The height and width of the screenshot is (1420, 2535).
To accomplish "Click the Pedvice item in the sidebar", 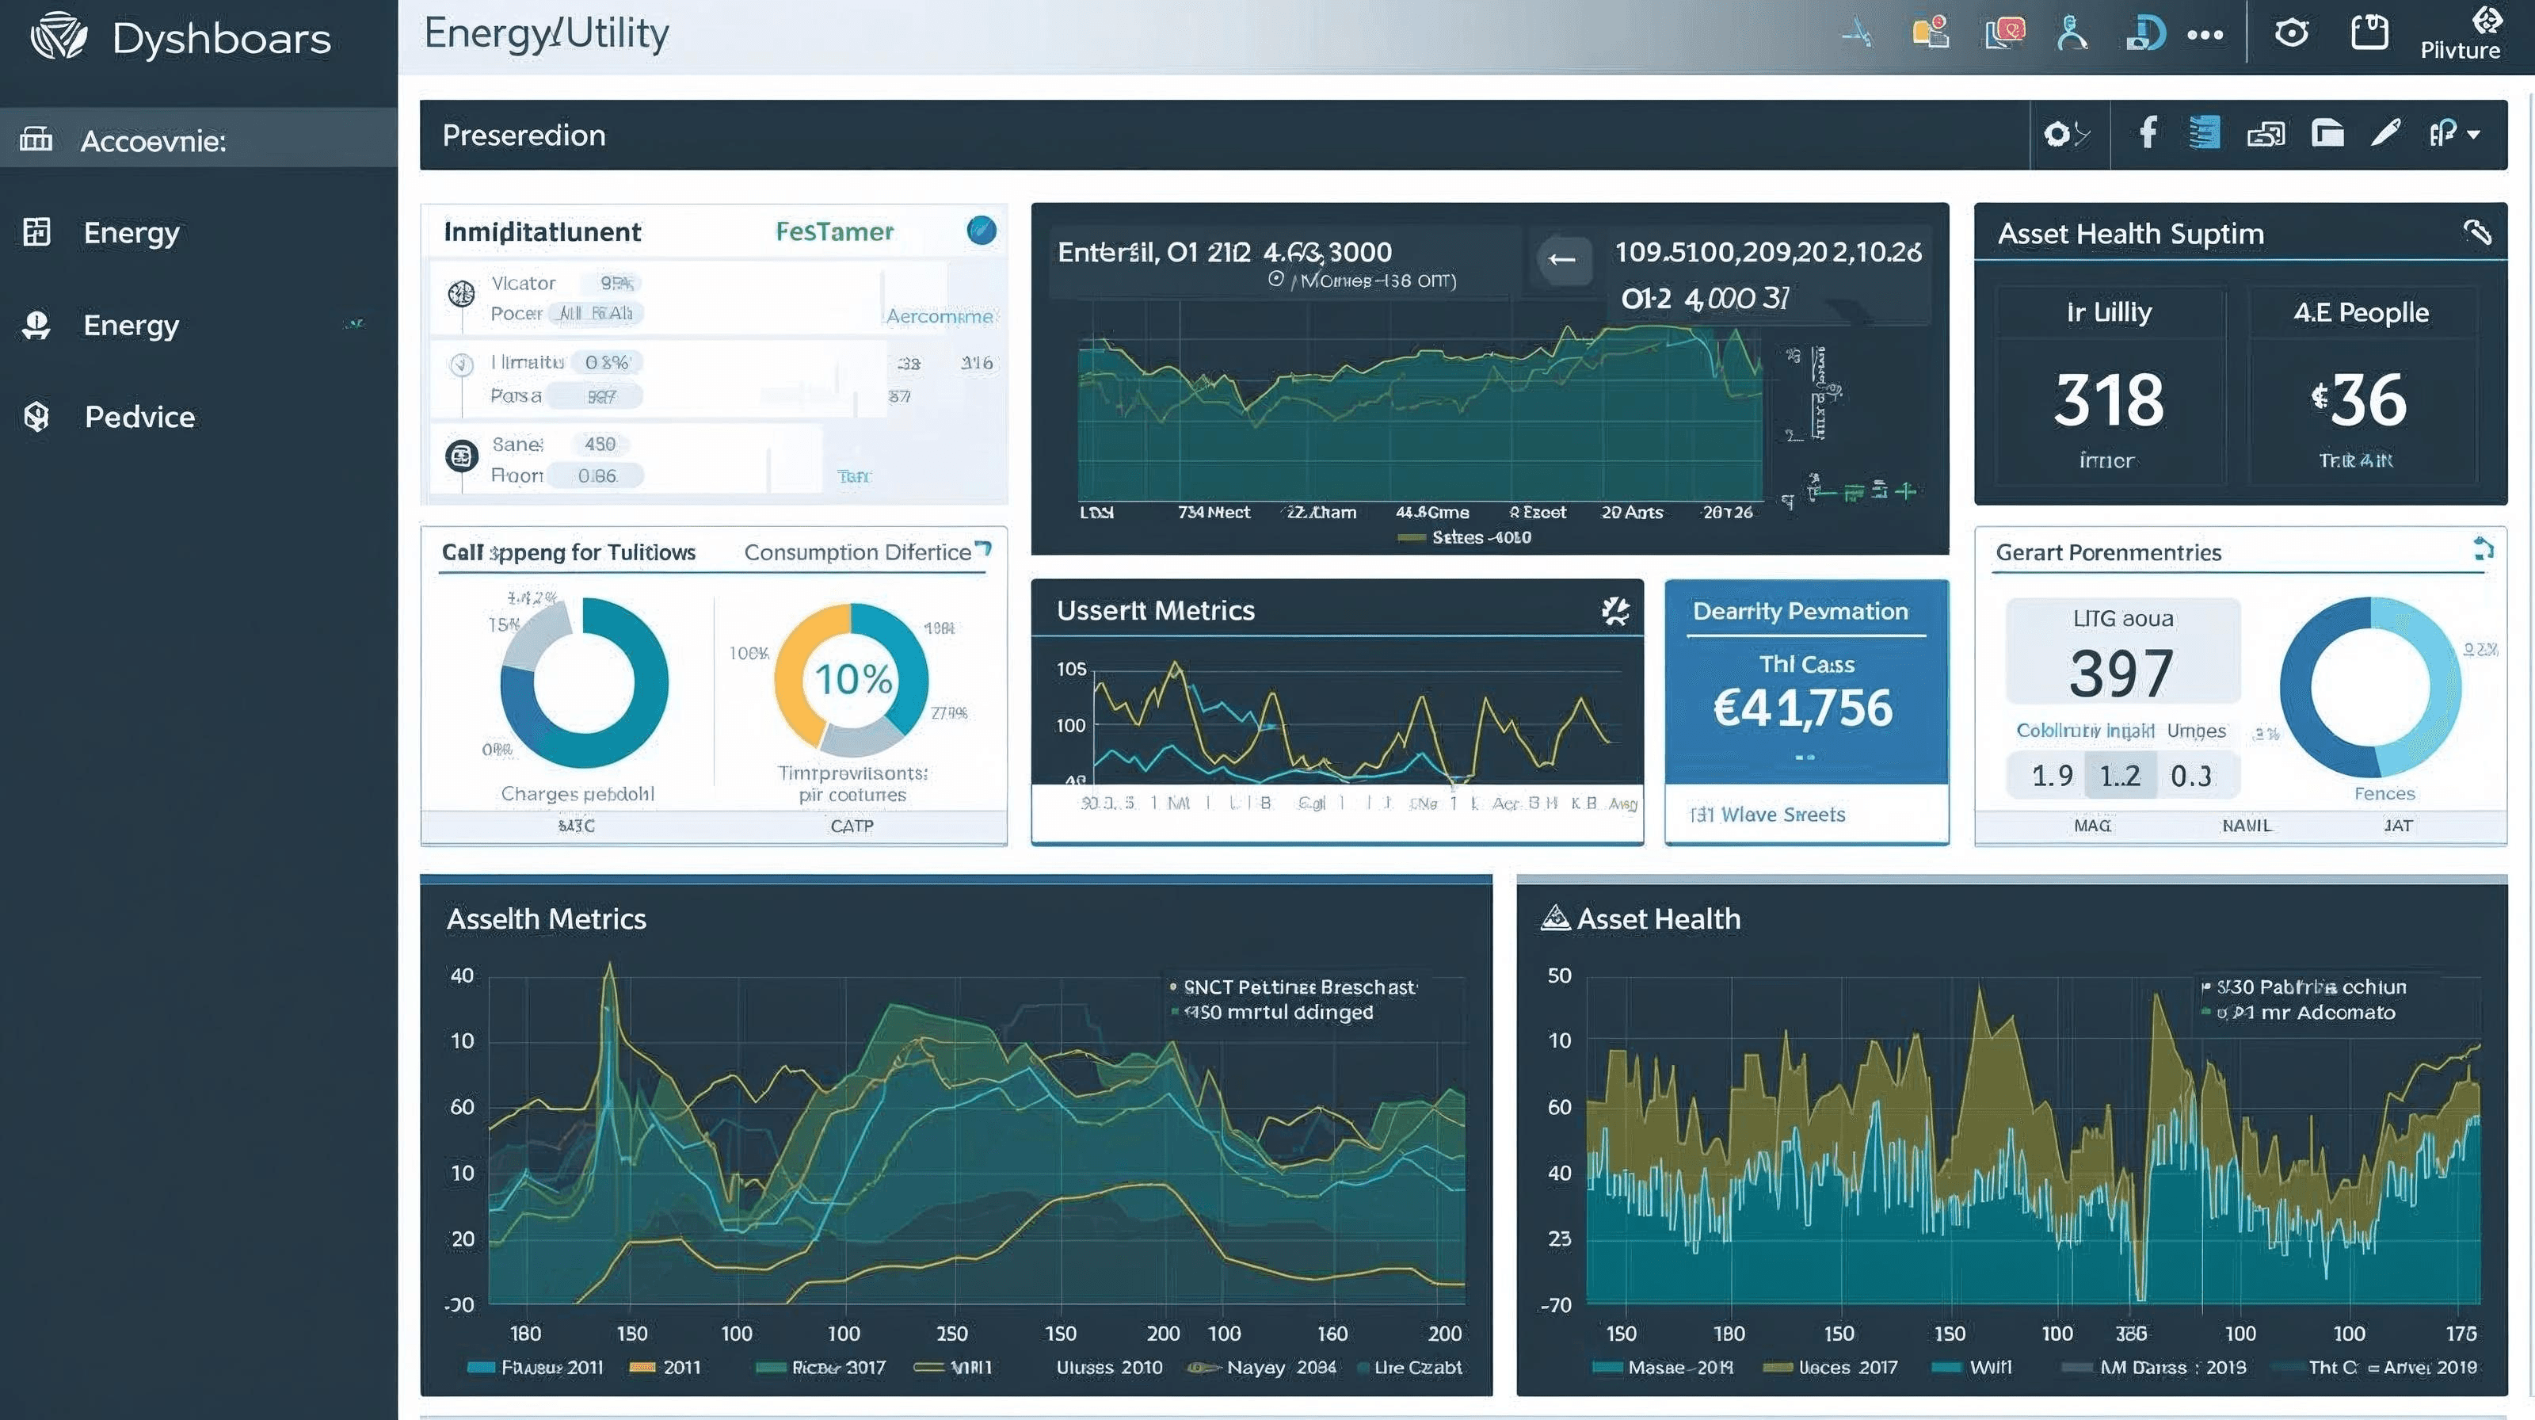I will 139,418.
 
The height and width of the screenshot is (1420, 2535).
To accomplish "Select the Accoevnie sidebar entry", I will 153,141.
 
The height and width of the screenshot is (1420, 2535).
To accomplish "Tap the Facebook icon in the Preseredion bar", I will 2148,133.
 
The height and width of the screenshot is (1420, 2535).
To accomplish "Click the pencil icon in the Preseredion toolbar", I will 2385,133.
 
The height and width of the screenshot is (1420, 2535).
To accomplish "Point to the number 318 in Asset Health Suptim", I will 2108,400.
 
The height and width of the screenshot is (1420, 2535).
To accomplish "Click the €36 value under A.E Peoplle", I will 2359,400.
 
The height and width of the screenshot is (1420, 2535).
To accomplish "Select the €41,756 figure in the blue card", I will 1803,708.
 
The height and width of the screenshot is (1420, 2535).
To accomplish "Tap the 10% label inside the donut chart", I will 852,679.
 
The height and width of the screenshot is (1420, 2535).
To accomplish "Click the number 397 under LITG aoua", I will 2121,674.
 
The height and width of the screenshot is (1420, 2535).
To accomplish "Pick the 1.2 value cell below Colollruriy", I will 2120,777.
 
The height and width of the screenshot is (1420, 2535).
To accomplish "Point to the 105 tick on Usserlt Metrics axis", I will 1071,669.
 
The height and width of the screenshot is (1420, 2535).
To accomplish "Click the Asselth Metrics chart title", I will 546,919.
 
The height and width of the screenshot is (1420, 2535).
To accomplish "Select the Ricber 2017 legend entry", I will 837,1367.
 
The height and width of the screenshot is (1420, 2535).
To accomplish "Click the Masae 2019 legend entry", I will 1679,1367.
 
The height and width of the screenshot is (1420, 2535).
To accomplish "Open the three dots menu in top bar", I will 2205,36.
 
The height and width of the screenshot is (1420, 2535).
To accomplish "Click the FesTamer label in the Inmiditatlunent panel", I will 834,231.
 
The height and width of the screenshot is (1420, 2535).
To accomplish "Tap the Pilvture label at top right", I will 2459,50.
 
